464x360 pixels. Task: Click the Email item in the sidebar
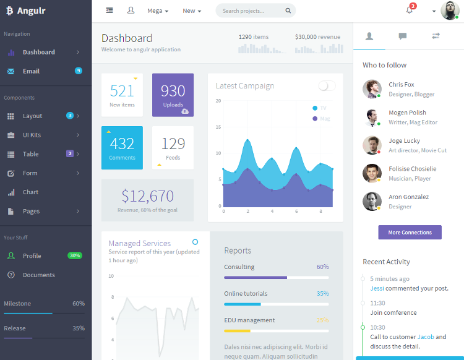point(31,71)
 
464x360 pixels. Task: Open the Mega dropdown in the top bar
point(158,11)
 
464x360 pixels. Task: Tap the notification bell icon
point(410,11)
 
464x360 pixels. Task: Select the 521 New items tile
point(122,95)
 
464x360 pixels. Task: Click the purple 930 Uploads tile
point(173,95)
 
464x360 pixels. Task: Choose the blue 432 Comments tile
point(122,147)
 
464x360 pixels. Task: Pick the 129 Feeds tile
point(173,147)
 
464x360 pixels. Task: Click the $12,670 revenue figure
point(147,197)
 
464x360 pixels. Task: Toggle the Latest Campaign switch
point(327,86)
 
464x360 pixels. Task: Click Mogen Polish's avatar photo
point(372,117)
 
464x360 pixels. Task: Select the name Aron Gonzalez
point(408,197)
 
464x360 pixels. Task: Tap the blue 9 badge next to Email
point(79,71)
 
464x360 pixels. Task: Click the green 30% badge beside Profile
point(75,255)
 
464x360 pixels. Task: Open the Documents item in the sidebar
point(38,275)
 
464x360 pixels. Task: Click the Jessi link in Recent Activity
point(377,288)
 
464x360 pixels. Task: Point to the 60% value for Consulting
point(322,267)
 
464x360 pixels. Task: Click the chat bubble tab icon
point(403,36)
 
